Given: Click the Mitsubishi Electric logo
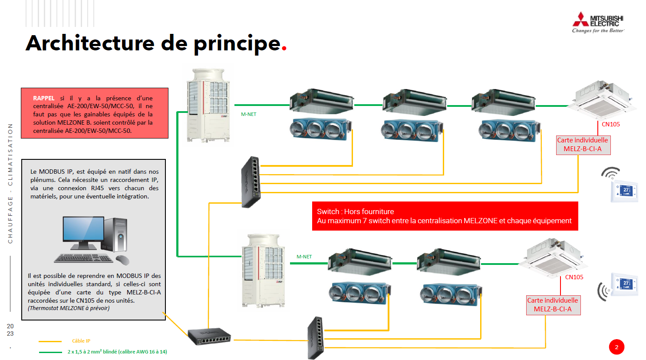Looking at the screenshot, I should click(598, 23).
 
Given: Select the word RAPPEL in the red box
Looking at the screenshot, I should click(44, 98).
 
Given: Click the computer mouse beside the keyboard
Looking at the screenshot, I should click(122, 260).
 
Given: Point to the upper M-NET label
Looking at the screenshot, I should click(248, 114).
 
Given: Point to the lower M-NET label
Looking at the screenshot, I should click(304, 257).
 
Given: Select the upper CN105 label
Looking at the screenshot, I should click(610, 124).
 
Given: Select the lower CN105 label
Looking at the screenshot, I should click(574, 277).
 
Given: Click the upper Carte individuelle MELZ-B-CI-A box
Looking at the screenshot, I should click(583, 145).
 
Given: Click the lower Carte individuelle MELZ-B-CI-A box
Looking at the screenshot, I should click(553, 305).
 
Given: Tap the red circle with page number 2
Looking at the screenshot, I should click(616, 347).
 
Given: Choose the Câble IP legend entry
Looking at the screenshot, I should click(81, 341).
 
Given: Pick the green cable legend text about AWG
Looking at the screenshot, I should click(117, 352).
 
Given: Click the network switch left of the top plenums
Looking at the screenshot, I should click(250, 182).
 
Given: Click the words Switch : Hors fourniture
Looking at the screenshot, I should click(355, 211).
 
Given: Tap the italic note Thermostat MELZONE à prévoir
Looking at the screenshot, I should click(69, 308).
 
